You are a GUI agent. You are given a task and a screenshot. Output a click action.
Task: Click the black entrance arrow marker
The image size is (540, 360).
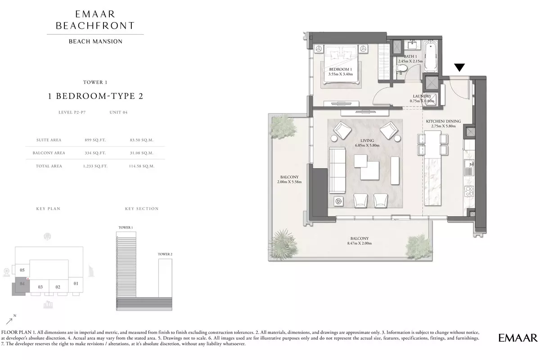[x=459, y=67]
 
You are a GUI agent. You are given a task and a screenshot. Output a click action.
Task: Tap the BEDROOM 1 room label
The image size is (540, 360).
[x=340, y=69]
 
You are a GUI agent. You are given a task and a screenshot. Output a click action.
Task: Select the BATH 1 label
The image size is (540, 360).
[x=410, y=56]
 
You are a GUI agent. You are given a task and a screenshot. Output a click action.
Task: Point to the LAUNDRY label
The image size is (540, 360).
[x=422, y=96]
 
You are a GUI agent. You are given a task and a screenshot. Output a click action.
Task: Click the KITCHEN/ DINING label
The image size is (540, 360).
[x=443, y=121]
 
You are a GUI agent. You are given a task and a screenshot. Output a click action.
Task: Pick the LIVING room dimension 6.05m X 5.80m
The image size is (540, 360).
[x=367, y=145]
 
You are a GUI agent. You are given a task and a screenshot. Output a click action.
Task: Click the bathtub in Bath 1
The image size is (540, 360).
[x=430, y=57]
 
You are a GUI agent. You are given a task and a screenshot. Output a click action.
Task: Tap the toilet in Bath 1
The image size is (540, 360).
[x=401, y=68]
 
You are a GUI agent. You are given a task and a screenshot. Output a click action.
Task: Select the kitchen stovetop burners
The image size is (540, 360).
[x=469, y=191]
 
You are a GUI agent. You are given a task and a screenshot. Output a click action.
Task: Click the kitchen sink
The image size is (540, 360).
[x=469, y=167]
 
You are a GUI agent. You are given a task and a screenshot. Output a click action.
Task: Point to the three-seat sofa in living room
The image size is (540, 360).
[x=337, y=170]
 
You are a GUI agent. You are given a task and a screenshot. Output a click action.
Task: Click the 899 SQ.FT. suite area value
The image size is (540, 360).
[x=95, y=140]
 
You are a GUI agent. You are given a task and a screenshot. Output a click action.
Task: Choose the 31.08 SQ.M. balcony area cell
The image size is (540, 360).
[x=141, y=153]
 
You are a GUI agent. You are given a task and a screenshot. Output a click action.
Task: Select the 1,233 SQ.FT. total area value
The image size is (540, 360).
[x=95, y=166]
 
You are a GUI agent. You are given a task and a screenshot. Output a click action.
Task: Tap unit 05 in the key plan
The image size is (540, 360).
[x=22, y=270]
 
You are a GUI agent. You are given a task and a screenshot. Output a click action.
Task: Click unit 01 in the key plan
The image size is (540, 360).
[x=76, y=283]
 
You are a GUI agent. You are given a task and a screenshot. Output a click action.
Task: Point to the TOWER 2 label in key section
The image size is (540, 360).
[x=165, y=254]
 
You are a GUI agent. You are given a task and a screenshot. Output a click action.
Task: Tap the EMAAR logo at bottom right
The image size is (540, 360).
[x=518, y=338]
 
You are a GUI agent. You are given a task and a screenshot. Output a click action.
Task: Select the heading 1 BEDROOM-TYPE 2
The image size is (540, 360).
[x=95, y=96]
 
